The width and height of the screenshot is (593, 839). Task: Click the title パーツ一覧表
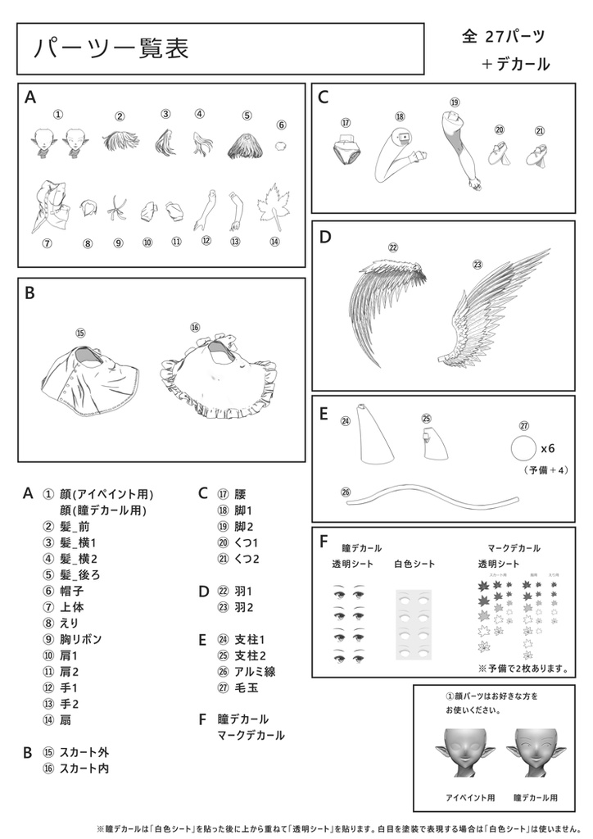(111, 49)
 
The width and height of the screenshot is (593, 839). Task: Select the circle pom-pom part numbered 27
(523, 449)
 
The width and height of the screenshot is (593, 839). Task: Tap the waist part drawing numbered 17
(346, 152)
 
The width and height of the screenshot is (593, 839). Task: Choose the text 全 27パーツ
(504, 36)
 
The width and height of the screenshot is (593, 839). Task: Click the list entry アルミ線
(255, 671)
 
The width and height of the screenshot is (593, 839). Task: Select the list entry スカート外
(84, 751)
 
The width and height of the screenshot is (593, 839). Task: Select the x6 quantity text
(549, 449)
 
